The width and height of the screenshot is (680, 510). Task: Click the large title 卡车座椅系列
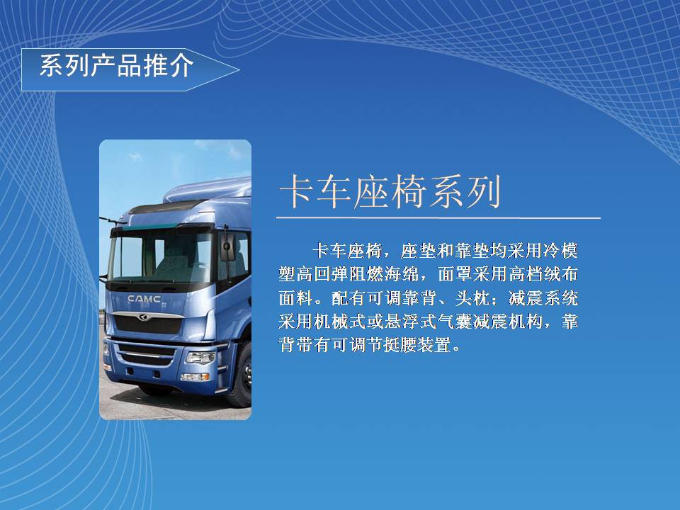(390, 191)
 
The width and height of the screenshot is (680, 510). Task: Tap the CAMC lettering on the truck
(144, 299)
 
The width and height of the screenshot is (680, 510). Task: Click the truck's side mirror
(227, 247)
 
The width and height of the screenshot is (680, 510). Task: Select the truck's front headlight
(200, 358)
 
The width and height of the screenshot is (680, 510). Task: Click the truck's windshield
(161, 256)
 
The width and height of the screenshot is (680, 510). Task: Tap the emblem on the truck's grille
(142, 318)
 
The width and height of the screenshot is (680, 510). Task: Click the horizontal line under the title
(438, 217)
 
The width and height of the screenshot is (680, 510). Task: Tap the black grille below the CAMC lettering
(147, 324)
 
